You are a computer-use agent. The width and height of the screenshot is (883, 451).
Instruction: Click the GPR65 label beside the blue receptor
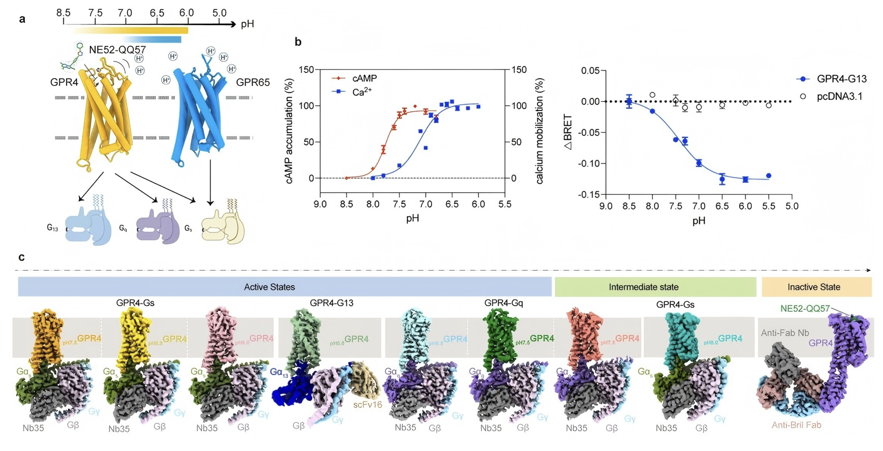coord(253,82)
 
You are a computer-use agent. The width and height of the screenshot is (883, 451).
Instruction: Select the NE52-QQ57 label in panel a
coord(117,50)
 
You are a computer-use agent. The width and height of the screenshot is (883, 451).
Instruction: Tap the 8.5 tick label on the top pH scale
coord(63,13)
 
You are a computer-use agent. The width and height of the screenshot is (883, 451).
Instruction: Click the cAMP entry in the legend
coord(364,79)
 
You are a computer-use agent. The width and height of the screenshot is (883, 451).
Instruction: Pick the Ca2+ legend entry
coord(362,92)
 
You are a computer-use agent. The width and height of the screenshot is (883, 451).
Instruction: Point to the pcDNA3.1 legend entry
coord(839,96)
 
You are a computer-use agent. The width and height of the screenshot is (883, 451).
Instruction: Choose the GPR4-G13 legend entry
coord(842,79)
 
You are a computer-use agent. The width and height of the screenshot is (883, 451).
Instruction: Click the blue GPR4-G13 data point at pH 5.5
coord(769,175)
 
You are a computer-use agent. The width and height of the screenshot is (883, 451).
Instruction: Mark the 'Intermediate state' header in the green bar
coord(643,287)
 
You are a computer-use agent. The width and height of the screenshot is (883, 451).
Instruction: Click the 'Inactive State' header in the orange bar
coord(813,287)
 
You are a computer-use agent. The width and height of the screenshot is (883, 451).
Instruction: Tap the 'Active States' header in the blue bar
coord(269,287)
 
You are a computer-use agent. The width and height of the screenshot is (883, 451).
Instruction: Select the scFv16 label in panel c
coord(367,405)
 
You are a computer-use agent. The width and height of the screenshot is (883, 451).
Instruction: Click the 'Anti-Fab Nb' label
coord(785,333)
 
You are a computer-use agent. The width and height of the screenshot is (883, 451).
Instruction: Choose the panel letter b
coord(298,42)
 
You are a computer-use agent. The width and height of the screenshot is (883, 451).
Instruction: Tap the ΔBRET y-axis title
coord(568,132)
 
